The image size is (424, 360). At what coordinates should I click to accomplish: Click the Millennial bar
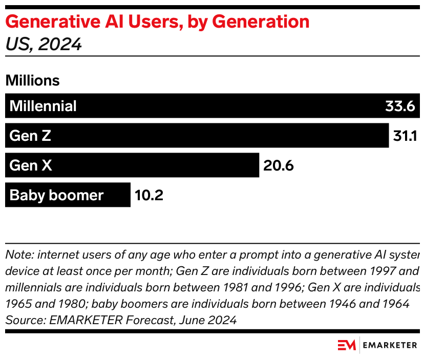pos(205,106)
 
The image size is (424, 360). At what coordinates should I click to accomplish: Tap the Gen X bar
pos(132,165)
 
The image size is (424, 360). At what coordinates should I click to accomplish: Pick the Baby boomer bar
pos(68,195)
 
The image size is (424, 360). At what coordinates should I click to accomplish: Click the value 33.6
pos(399,106)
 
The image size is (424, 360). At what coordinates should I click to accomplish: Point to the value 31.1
pos(406,136)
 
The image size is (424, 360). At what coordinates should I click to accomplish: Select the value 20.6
pos(278,165)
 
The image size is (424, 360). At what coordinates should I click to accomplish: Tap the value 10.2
pos(149,195)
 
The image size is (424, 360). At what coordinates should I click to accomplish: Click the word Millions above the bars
pos(32,80)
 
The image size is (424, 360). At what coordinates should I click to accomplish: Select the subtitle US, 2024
pos(43,45)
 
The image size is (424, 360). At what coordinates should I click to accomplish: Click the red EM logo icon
pos(347,345)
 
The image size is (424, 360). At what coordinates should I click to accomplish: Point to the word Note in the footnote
pos(17,255)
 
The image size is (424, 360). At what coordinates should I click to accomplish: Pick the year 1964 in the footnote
pos(395,304)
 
